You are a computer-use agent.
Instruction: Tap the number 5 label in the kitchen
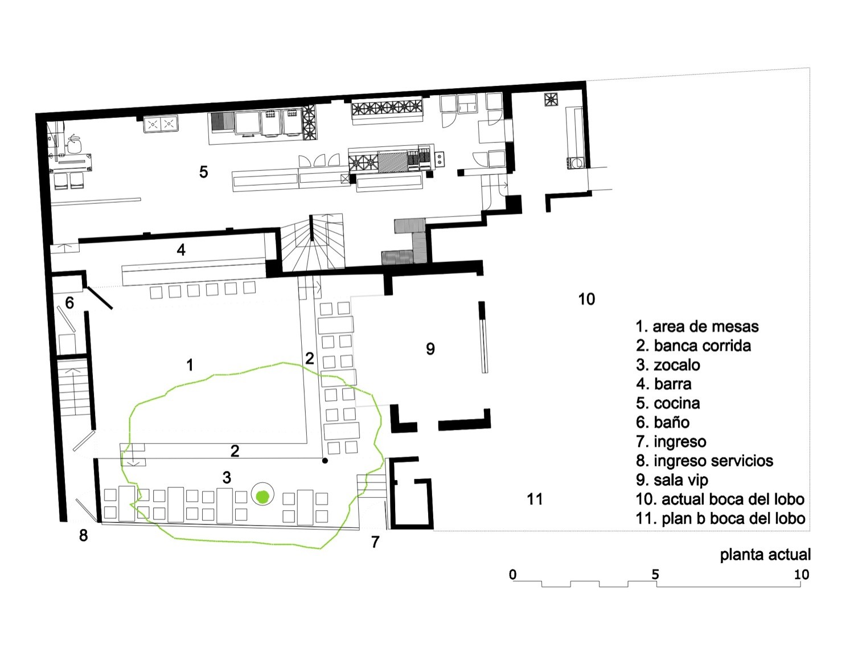[203, 172]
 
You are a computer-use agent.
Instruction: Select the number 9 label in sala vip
[430, 349]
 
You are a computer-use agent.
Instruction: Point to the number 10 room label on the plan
[586, 300]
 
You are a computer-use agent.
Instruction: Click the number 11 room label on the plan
[535, 499]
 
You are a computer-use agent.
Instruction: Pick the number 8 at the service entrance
[83, 535]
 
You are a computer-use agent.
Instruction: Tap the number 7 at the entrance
[375, 542]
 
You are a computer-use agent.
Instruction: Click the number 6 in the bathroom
[69, 303]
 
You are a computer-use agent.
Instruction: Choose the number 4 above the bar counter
[181, 249]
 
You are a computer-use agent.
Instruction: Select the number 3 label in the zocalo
[227, 478]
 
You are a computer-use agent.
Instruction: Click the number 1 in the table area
[190, 365]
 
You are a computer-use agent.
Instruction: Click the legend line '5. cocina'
[668, 403]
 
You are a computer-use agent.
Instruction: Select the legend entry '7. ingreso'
[671, 442]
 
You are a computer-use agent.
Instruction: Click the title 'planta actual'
[765, 555]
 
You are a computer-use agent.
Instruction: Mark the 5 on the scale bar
[655, 575]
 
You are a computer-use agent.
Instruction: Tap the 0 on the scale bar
[512, 575]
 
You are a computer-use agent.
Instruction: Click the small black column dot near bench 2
[325, 461]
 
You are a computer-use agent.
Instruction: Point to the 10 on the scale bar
[802, 575]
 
